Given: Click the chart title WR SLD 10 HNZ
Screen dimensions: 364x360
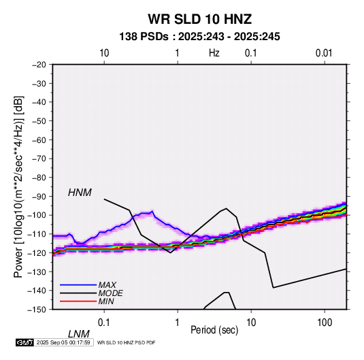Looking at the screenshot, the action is (x=199, y=19).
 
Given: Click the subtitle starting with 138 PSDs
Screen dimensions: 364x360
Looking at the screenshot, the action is (x=199, y=37).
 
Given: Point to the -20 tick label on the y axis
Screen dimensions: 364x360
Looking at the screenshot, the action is (x=39, y=65).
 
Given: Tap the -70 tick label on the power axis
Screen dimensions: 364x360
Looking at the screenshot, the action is (x=39, y=159).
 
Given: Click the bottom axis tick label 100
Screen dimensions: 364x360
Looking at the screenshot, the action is (x=325, y=323).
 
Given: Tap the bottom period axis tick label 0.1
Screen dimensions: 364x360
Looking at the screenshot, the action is (x=104, y=323).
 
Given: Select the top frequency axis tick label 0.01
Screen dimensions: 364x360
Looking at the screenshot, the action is (x=324, y=53).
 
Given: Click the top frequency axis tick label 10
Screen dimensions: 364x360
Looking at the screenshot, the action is (x=104, y=53).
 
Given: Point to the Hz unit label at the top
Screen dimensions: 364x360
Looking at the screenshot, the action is (x=214, y=53).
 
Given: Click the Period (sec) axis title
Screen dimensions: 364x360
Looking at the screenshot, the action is (x=214, y=330).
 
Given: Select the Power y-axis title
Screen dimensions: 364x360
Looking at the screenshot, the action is (x=18, y=187).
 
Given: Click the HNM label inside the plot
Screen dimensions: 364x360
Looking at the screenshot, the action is (x=80, y=193).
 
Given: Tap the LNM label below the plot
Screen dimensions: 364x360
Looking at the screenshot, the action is (x=79, y=334).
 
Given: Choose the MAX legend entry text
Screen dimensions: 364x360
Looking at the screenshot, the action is (x=107, y=285).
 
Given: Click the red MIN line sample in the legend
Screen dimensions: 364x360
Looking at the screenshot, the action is (x=78, y=301).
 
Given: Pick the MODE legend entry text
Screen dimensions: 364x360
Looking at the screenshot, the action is (x=110, y=293).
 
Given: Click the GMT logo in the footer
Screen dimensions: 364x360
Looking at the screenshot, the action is (x=25, y=342).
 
